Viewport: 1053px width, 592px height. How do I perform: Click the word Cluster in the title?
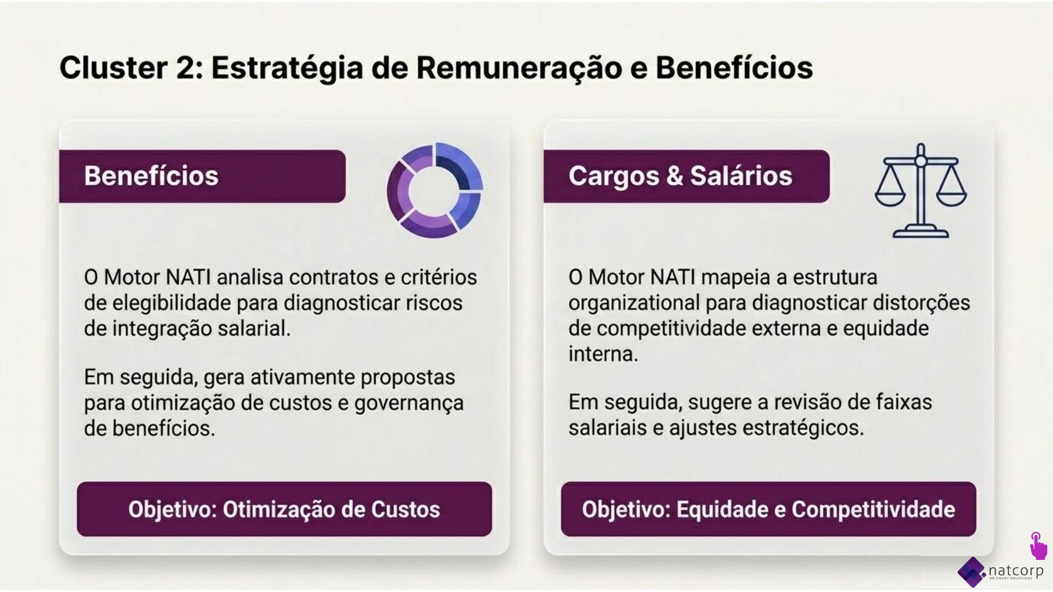tap(114, 68)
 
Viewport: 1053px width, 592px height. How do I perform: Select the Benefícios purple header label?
tap(202, 176)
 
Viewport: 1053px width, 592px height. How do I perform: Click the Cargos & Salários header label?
tap(687, 176)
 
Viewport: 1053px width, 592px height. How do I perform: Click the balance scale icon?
tap(921, 190)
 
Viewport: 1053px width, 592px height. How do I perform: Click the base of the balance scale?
tap(921, 232)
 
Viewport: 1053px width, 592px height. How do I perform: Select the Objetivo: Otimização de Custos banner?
tap(284, 509)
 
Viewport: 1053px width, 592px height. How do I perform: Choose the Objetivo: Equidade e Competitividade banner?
tap(769, 509)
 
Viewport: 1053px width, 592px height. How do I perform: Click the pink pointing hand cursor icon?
tap(1038, 546)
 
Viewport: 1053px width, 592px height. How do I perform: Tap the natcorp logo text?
tap(1016, 570)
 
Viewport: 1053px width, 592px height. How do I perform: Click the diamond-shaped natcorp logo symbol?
tap(972, 572)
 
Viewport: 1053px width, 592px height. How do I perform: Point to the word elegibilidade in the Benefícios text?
tap(172, 304)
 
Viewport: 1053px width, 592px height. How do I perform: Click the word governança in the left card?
tap(409, 404)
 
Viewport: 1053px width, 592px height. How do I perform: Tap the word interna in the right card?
tap(603, 354)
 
